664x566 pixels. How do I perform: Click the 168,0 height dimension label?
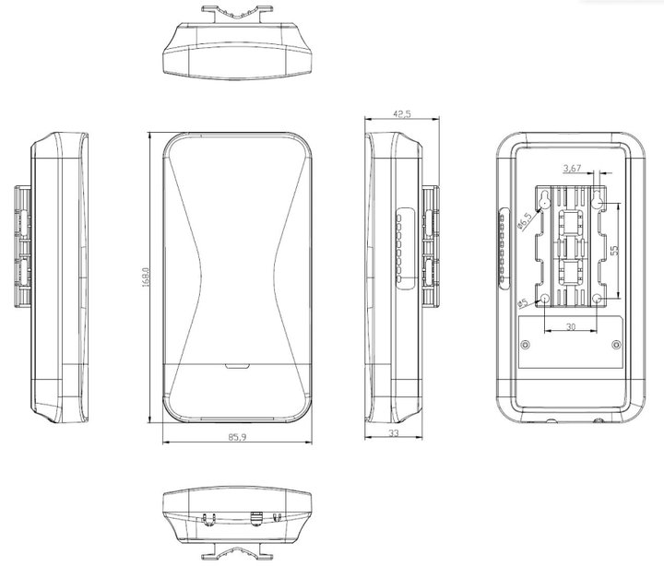(146, 277)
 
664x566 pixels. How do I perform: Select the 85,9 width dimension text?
(237, 436)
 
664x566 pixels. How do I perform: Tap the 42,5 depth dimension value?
(402, 114)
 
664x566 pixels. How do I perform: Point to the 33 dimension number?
(394, 432)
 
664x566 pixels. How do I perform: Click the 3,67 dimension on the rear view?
(572, 168)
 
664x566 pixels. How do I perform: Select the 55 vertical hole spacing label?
(615, 250)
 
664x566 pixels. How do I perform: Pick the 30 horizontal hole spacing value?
(571, 326)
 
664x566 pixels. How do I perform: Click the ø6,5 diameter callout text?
(525, 221)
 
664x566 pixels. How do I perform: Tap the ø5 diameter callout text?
(523, 303)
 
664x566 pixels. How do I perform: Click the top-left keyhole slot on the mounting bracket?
(544, 200)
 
